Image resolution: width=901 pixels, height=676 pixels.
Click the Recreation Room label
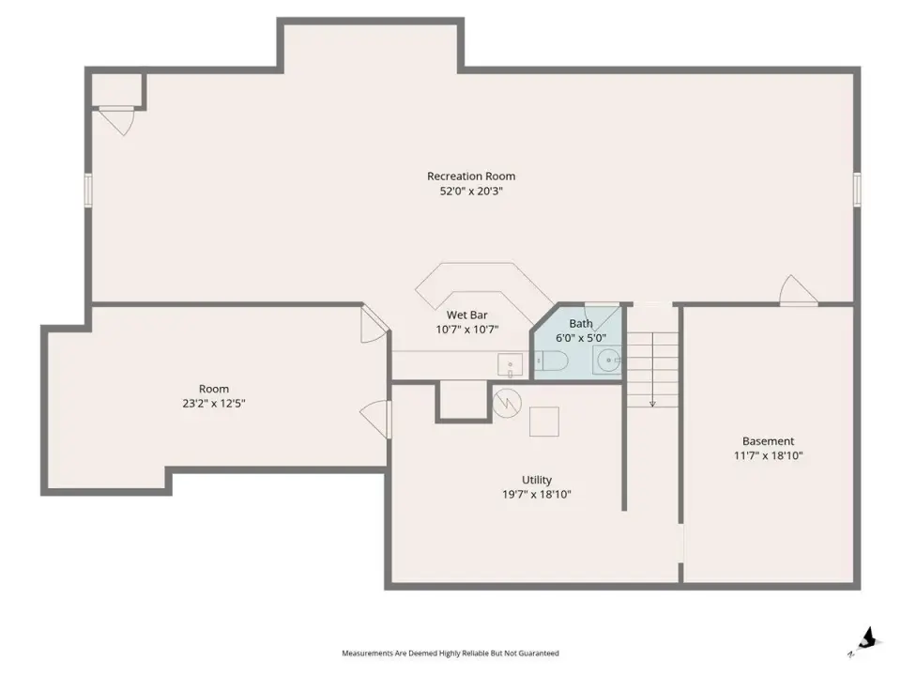pos(471,176)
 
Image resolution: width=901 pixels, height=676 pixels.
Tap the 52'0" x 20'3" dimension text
pos(471,191)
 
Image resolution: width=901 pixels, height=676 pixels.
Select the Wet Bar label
pos(467,315)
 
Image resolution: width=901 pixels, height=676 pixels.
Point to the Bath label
pos(581,324)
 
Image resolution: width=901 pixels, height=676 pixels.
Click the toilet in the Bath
pos(552,361)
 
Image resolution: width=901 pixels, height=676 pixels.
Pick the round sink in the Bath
pos(608,361)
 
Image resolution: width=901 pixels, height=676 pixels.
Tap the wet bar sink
pos(510,365)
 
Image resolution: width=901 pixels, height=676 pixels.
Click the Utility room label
pos(537,480)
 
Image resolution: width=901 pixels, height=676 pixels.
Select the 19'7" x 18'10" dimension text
pos(537,495)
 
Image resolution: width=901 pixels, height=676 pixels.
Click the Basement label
pos(769,441)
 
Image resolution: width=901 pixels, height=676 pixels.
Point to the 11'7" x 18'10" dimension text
pos(769,456)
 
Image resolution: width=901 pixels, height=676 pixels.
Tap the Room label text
pos(214,389)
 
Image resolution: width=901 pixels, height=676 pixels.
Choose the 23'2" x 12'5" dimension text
pos(214,404)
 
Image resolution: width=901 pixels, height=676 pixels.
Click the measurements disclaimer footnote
pos(450,653)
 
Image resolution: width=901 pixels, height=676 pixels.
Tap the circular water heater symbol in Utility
pos(507,403)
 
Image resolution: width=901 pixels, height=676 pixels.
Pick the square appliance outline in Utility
pos(544,422)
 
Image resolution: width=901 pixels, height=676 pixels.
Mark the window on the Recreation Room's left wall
pos(88,190)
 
